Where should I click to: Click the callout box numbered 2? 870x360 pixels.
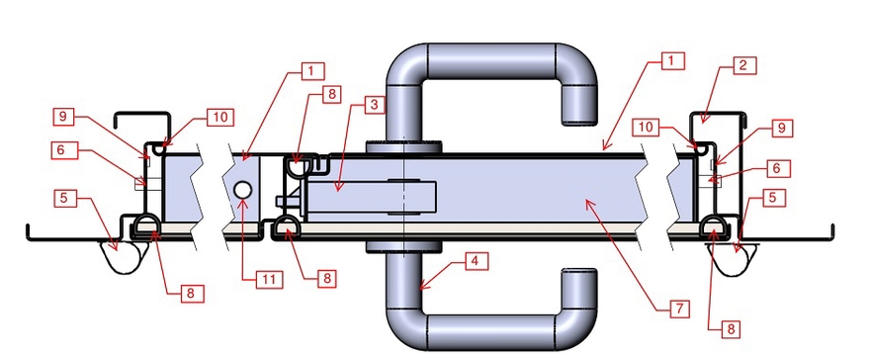742,65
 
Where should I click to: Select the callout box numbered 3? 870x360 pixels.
374,104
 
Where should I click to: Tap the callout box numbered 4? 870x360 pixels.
476,261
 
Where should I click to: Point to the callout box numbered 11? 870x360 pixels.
269,279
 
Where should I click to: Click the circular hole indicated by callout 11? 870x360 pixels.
242,190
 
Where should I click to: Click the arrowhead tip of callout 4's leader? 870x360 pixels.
419,289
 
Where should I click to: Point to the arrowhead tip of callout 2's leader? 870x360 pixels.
701,122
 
